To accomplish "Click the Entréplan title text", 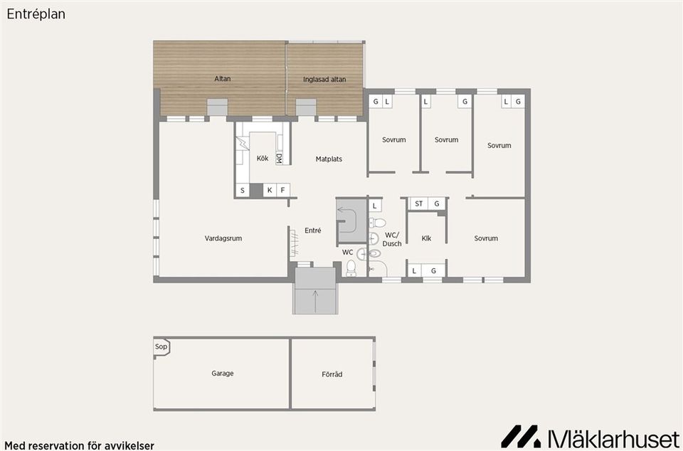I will click(36, 14).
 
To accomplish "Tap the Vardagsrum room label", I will click(223, 238).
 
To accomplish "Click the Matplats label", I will click(329, 159).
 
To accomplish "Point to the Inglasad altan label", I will click(324, 80).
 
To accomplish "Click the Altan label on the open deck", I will click(223, 79).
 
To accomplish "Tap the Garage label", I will click(222, 373).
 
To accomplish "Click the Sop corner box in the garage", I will click(161, 347).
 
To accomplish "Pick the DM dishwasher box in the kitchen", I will click(279, 159).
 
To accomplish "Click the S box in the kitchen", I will click(242, 190).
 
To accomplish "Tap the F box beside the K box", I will click(282, 190).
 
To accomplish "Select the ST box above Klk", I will click(419, 204).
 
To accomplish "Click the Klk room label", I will click(426, 238).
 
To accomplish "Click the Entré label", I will click(313, 230).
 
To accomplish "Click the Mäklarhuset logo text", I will click(608, 436).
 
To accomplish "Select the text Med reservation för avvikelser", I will click(80, 445).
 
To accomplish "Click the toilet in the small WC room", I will click(350, 268).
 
